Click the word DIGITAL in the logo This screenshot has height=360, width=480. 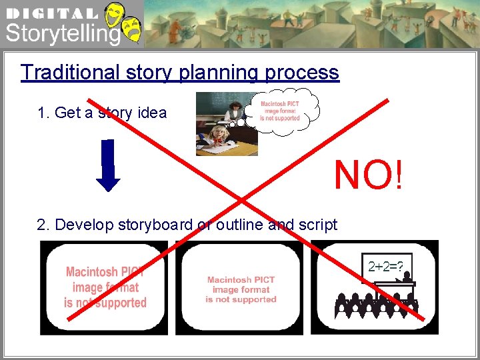[x=52, y=13]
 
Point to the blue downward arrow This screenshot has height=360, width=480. [x=108, y=165]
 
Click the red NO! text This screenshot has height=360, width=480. [x=368, y=175]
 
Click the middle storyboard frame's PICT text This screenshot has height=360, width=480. [x=241, y=289]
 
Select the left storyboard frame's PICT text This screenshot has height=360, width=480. [x=105, y=287]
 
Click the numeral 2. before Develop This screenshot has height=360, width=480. [x=43, y=225]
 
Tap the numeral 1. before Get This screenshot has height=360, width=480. [x=44, y=113]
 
